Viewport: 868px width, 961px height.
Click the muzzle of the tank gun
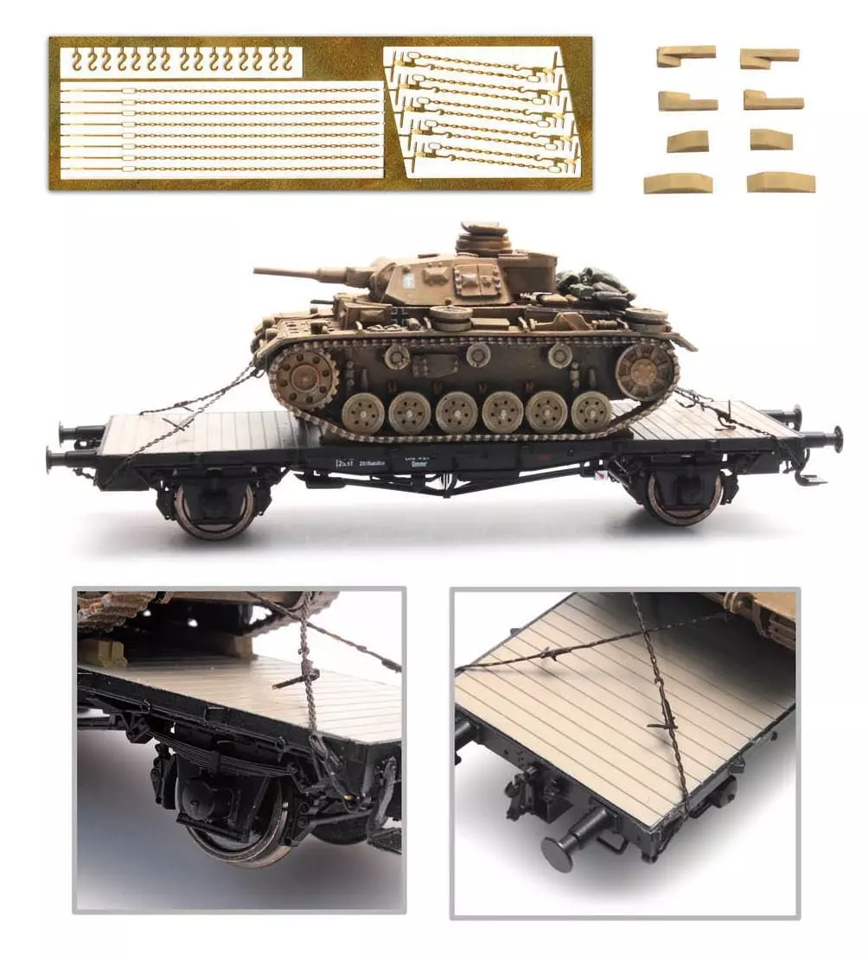(258, 272)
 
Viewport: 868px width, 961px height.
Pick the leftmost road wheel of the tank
(363, 413)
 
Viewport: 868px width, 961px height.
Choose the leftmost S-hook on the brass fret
(79, 60)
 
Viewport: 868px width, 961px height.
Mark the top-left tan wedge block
(686, 56)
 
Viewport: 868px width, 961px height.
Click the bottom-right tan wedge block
(781, 182)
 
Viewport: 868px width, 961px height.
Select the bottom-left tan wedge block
(678, 183)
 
